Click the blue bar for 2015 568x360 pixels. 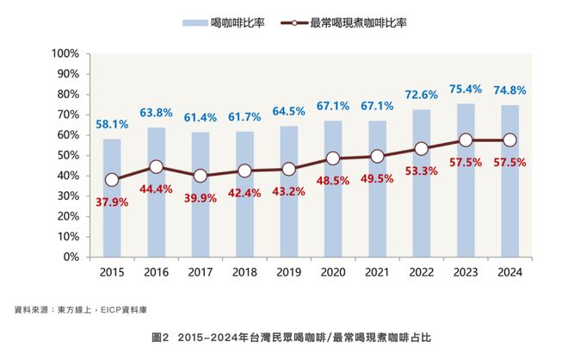click(x=112, y=198)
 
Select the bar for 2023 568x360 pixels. click(x=466, y=181)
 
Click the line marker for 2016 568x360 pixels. click(x=156, y=167)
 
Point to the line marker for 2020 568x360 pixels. click(x=333, y=158)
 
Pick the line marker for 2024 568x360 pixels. click(x=509, y=140)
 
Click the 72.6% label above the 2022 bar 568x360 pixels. click(x=422, y=94)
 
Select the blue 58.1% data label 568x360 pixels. click(x=113, y=124)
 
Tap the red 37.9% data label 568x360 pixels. click(x=113, y=202)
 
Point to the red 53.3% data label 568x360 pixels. click(x=422, y=171)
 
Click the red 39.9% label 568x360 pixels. click(x=201, y=199)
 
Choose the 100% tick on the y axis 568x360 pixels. click(x=65, y=53)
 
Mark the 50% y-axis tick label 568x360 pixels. click(x=69, y=155)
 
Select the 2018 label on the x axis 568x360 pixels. click(x=244, y=273)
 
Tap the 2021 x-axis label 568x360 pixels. click(x=377, y=273)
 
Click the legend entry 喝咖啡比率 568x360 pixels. click(x=229, y=23)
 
